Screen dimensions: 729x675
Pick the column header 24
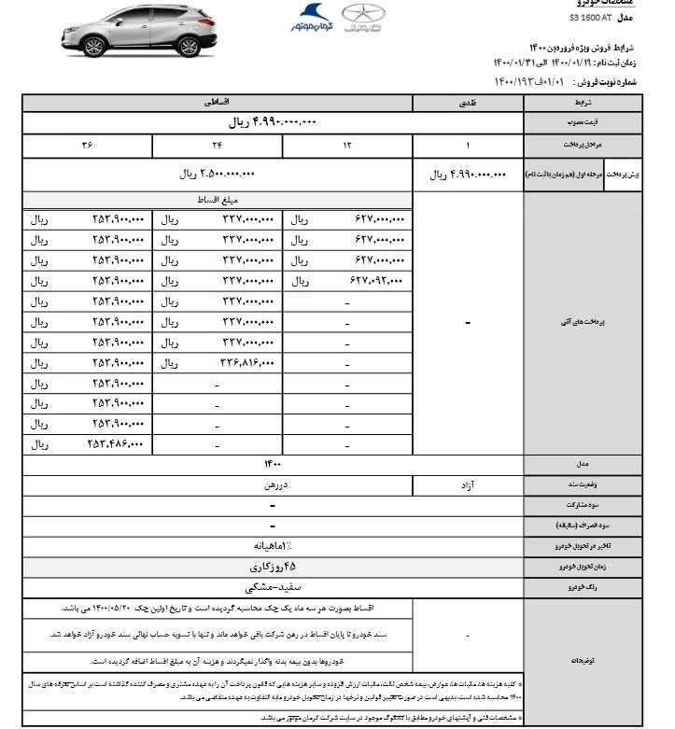(217, 147)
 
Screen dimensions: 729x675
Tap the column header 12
(346, 147)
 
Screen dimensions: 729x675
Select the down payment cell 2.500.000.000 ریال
(217, 174)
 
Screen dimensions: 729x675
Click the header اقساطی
(217, 100)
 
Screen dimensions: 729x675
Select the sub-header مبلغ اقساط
(217, 201)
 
